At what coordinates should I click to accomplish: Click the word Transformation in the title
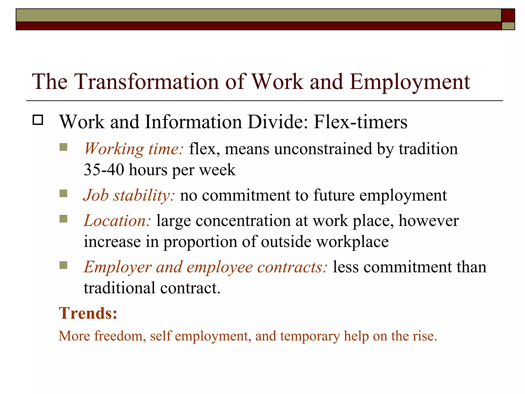(146, 82)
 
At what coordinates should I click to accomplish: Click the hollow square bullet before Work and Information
(38, 120)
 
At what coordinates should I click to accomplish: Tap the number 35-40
(104, 170)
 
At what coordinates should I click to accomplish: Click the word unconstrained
(323, 149)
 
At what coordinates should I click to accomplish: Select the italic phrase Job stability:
(129, 195)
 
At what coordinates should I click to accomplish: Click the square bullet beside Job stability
(63, 193)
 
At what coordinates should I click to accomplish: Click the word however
(428, 221)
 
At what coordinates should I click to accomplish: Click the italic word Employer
(118, 267)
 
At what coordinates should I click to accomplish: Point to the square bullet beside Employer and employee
(63, 265)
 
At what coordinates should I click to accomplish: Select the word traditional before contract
(119, 288)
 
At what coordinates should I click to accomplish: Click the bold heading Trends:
(88, 313)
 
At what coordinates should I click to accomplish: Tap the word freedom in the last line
(120, 336)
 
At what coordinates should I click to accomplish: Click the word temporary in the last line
(310, 336)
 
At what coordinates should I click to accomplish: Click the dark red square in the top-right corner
(508, 15)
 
